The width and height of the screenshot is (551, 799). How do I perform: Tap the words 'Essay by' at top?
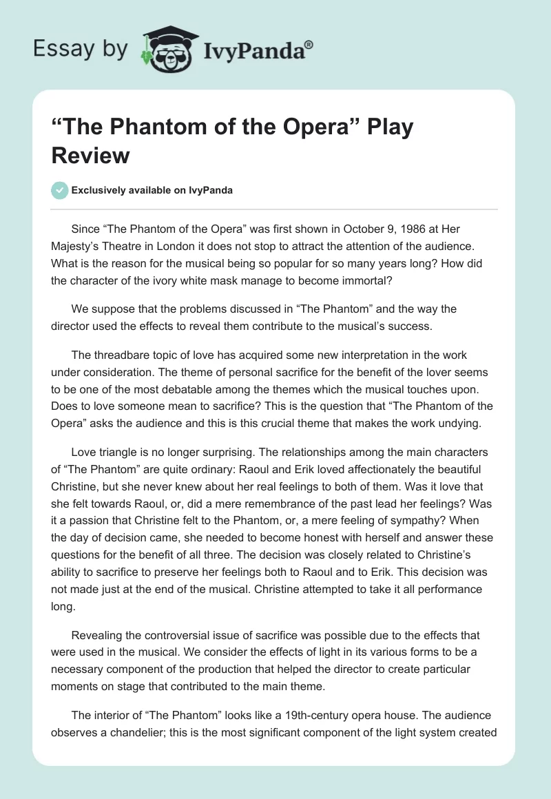point(81,49)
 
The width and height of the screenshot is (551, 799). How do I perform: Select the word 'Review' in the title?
point(91,155)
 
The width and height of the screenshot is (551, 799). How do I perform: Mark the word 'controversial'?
point(164,634)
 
